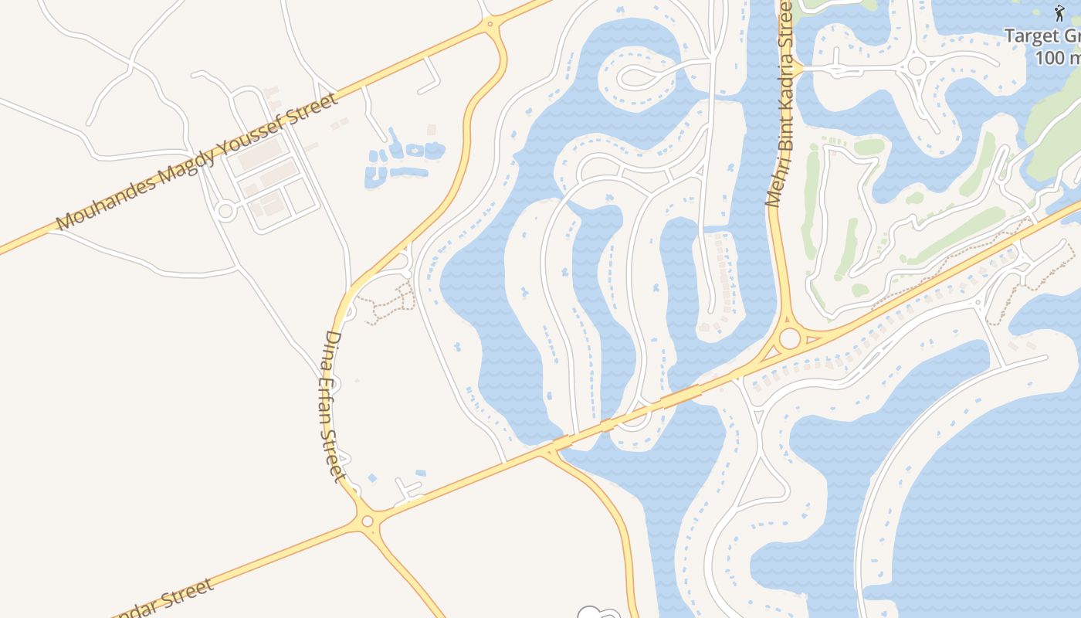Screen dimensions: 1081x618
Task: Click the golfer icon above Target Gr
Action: (x=1059, y=13)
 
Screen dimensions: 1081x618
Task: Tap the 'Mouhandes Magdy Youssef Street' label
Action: (x=197, y=161)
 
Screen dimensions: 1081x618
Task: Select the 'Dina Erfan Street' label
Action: (x=334, y=406)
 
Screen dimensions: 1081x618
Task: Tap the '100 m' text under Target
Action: (x=1058, y=58)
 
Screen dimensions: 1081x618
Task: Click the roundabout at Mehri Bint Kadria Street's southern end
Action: (x=789, y=338)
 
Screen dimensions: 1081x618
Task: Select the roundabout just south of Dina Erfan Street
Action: (x=367, y=521)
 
